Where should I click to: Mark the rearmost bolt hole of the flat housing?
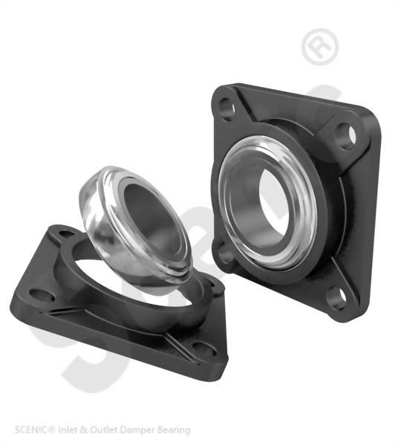(x=68, y=236)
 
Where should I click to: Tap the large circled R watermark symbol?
(x=320, y=47)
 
